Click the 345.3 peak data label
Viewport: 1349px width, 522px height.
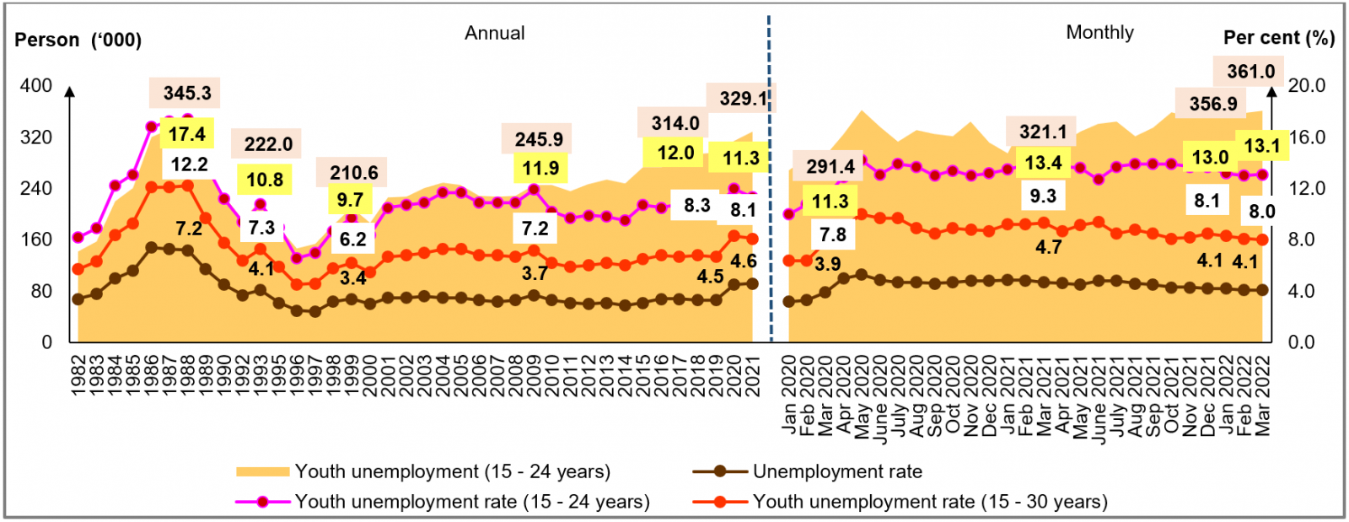tap(187, 93)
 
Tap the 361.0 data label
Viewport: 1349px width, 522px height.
tap(1250, 72)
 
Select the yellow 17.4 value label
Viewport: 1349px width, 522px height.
tap(186, 134)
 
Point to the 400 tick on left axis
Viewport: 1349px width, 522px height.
tap(36, 86)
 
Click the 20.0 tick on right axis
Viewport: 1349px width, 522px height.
tap(1307, 86)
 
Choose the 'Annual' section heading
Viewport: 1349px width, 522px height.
tap(495, 33)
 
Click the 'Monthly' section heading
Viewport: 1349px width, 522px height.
tap(1099, 33)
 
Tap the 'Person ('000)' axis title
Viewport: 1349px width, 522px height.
tap(78, 40)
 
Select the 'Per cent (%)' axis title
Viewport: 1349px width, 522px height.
tap(1278, 38)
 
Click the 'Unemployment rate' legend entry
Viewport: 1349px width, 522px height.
tap(836, 471)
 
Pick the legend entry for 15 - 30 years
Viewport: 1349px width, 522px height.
tap(929, 502)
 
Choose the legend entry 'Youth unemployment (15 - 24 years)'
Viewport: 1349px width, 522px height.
tap(452, 471)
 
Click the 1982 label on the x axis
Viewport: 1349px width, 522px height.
tap(78, 375)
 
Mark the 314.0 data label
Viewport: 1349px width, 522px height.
tap(675, 123)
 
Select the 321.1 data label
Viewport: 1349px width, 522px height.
tap(1043, 132)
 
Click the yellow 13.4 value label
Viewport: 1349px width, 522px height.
tap(1042, 163)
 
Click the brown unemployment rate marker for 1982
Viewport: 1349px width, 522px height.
tap(78, 299)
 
